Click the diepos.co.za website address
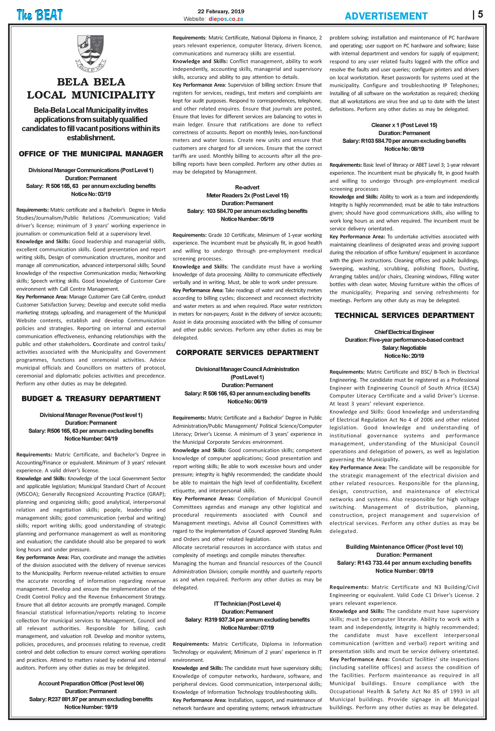click(x=226, y=19)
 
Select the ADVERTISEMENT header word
click(x=386, y=16)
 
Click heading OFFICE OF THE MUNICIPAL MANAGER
click(x=91, y=154)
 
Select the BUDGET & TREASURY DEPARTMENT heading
click(x=91, y=399)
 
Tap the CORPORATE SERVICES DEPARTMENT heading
click(x=247, y=353)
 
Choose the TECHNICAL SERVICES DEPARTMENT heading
click(x=404, y=315)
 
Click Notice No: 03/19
click(x=91, y=194)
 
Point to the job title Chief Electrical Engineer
click(x=404, y=332)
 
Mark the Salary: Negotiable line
click(x=404, y=348)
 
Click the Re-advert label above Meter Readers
click(x=247, y=188)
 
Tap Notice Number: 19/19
click(x=91, y=707)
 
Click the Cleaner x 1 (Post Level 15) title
click(x=404, y=125)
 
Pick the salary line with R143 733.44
click(x=404, y=563)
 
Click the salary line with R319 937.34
click(x=247, y=620)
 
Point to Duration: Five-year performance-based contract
click(x=404, y=340)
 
